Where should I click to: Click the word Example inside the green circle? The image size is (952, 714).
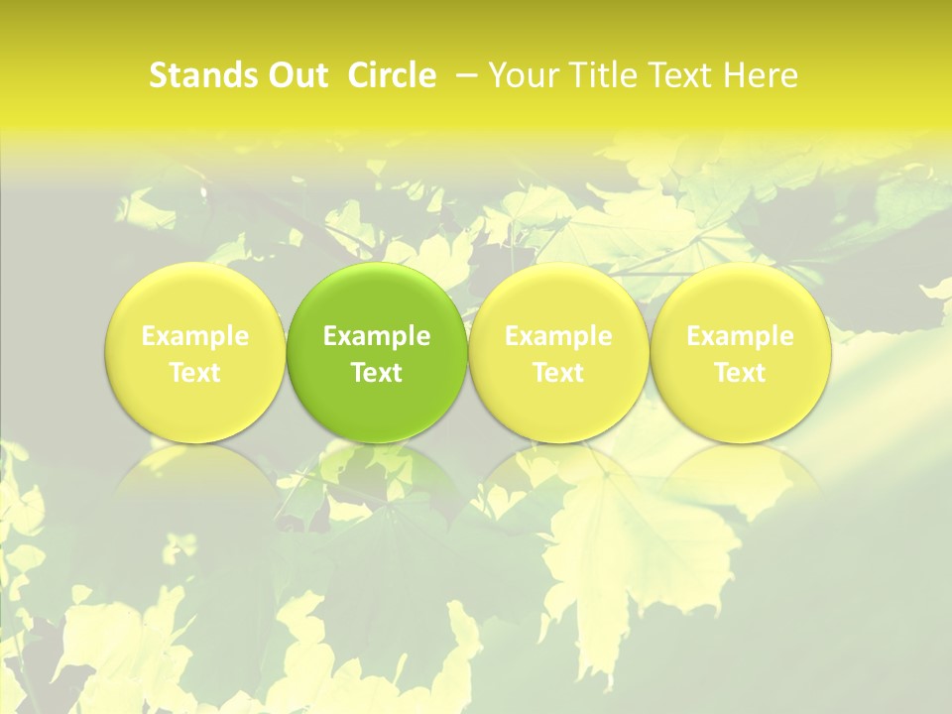(377, 337)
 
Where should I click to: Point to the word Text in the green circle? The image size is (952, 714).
(377, 373)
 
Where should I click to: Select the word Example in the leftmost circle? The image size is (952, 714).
(195, 337)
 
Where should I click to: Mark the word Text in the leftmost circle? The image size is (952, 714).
(195, 373)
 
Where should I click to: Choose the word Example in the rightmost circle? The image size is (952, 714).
(740, 337)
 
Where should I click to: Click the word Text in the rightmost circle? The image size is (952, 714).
(740, 373)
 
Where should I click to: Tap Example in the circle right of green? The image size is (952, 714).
(558, 337)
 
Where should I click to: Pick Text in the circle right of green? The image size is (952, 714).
(558, 373)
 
